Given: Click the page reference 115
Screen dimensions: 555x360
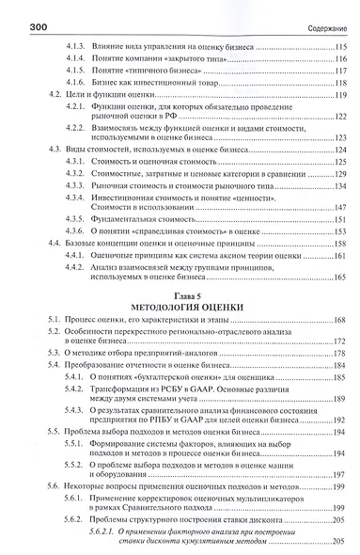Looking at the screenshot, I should click(338, 45).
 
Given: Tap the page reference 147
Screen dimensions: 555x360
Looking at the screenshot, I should click(338, 204).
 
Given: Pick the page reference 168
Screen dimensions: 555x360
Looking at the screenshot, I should click(338, 322).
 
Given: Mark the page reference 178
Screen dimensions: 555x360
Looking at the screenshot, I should click(338, 353).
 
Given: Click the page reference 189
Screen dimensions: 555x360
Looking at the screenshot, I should click(338, 399).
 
